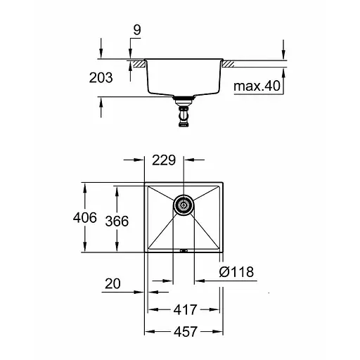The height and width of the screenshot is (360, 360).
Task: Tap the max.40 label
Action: click(x=258, y=86)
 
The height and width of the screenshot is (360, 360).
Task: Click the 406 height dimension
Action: click(x=84, y=218)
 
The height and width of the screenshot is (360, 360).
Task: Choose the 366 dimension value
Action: click(x=117, y=221)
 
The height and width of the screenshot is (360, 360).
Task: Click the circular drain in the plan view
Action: click(x=184, y=205)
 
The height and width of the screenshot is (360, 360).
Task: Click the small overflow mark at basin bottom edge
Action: click(x=184, y=248)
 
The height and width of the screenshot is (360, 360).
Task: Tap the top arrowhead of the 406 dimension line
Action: click(x=84, y=186)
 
